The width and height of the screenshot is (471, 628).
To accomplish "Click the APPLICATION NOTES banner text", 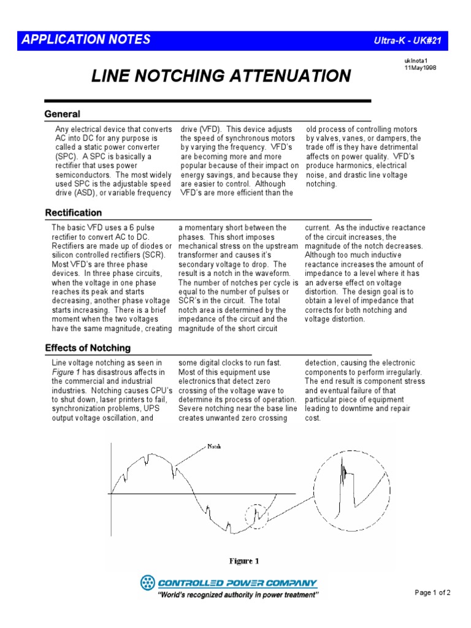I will pyautogui.click(x=86, y=40).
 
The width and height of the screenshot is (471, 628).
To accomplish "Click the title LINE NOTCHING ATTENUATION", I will pyautogui.click(x=221, y=76).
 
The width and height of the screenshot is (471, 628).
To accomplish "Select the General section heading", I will pyautogui.click(x=63, y=114).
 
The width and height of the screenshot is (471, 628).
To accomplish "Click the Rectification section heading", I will pyautogui.click(x=74, y=213).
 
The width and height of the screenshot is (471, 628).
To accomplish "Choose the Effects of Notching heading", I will pyautogui.click(x=88, y=348).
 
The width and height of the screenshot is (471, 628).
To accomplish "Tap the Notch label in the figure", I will pyautogui.click(x=215, y=446).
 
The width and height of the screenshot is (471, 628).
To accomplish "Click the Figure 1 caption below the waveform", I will pyautogui.click(x=245, y=561).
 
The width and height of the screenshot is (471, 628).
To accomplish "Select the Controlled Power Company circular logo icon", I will pyautogui.click(x=148, y=583).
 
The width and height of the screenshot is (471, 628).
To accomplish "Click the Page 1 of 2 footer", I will pyautogui.click(x=433, y=592).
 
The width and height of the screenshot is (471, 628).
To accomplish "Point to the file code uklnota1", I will pyautogui.click(x=415, y=61).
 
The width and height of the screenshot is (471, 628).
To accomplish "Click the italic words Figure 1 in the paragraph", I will pyautogui.click(x=67, y=372).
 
